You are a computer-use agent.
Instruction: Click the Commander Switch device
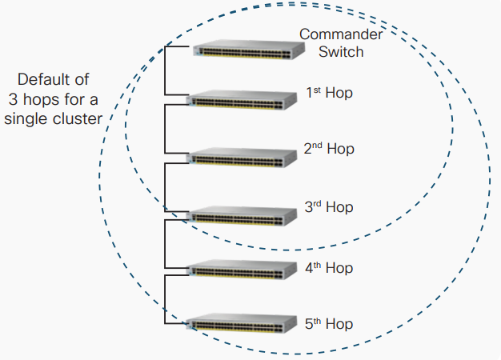(248, 50)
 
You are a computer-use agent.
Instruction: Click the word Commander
(341, 34)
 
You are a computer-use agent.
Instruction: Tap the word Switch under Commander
(341, 52)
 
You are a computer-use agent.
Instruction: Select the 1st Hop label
(329, 93)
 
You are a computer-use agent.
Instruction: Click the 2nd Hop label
(329, 149)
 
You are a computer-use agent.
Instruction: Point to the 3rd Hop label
(329, 207)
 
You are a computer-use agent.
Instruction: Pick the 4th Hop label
(329, 267)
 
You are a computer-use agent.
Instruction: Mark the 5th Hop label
(329, 324)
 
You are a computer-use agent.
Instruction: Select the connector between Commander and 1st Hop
(164, 74)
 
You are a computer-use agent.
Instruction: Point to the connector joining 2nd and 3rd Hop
(164, 186)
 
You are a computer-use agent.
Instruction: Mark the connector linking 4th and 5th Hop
(164, 298)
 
